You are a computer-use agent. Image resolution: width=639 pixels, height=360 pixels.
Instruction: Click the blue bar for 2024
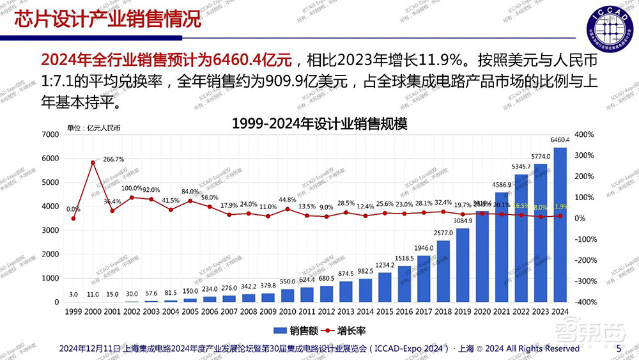[560, 224]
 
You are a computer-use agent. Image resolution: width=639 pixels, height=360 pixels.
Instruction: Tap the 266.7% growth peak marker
[93, 162]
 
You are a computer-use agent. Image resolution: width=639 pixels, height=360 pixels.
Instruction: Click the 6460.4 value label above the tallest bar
[560, 139]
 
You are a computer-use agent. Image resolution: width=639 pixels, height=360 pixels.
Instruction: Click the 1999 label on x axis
[73, 311]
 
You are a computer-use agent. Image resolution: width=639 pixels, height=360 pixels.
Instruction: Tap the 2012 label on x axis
[327, 311]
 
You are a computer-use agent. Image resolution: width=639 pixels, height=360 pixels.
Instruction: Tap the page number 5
[618, 348]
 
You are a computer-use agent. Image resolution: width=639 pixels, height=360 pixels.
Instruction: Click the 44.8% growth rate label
[288, 200]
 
